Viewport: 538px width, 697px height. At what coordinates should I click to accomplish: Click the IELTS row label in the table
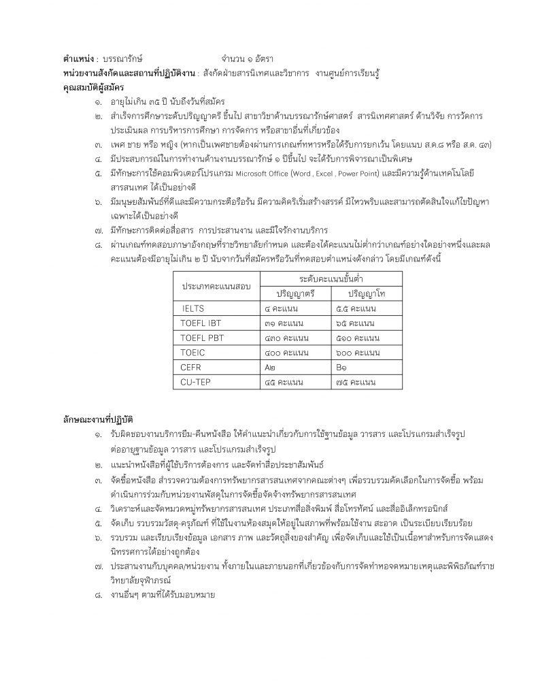[x=193, y=308]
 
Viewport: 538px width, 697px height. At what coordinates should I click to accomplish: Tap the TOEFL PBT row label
[x=203, y=338]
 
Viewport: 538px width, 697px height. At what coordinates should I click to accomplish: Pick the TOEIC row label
[x=193, y=352]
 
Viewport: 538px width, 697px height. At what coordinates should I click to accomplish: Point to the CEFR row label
[x=191, y=367]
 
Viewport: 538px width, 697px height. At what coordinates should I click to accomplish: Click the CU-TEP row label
[x=196, y=382]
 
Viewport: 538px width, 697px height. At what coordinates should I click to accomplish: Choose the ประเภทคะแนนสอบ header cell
[x=215, y=286]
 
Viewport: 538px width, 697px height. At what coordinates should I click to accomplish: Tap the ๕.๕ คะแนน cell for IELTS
[x=356, y=308]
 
